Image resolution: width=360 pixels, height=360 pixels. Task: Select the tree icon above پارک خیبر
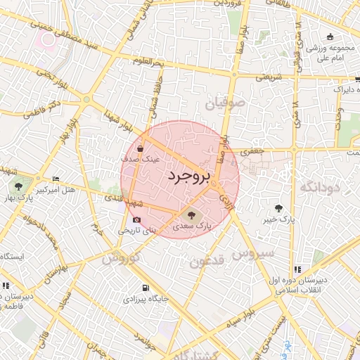tap(281, 208)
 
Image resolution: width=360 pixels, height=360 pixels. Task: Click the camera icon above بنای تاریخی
tap(136, 219)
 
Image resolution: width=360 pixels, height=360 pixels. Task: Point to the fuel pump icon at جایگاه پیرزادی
tap(146, 288)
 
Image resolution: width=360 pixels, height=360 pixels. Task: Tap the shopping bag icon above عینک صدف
tap(141, 149)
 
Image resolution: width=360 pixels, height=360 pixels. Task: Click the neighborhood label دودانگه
tap(320, 187)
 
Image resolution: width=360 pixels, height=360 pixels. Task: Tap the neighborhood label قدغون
tap(206, 262)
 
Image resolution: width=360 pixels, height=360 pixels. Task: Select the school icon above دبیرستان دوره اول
tap(298, 269)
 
